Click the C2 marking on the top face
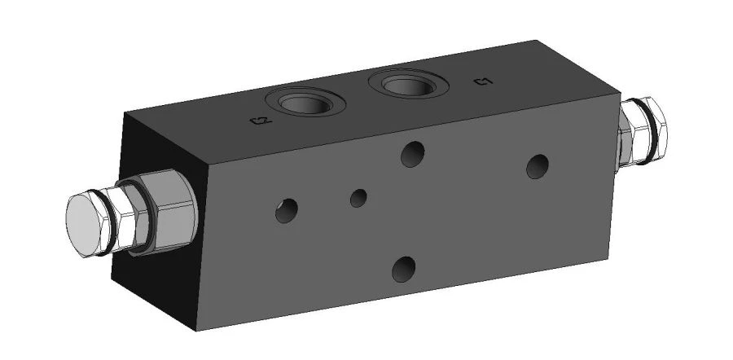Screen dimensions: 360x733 259,122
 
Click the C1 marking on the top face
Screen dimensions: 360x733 482,81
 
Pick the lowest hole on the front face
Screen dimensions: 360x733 404,267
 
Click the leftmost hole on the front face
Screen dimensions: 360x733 285,211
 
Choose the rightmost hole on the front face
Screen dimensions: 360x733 537,165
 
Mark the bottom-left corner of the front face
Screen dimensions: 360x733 198,333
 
